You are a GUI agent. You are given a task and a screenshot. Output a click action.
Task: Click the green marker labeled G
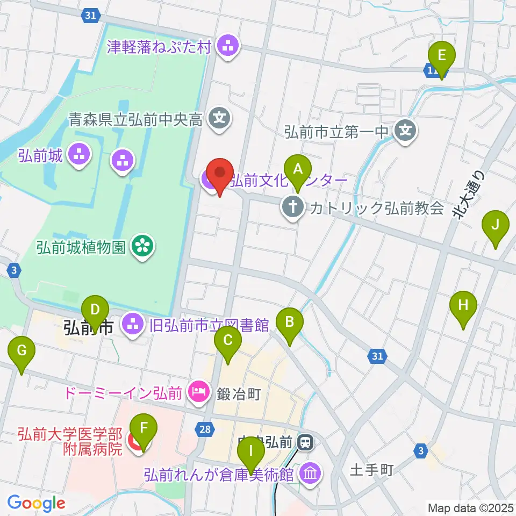point(21,354)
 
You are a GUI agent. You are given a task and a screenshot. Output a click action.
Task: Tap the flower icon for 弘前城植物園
point(142,247)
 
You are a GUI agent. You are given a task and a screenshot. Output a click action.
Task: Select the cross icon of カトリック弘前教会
point(292,208)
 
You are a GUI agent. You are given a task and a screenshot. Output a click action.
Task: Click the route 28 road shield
point(205,428)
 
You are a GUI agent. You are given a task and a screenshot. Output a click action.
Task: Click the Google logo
point(37,503)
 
